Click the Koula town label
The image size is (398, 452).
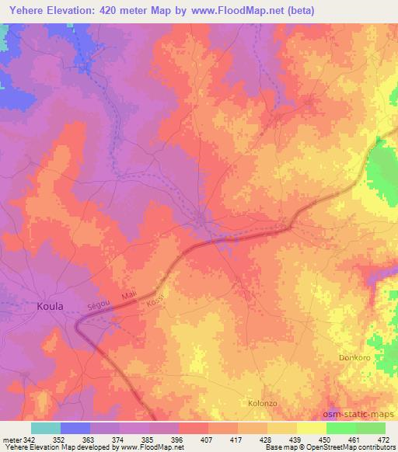[x=50, y=307]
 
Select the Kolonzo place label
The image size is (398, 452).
[x=262, y=403]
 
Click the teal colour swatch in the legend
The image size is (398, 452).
[x=46, y=428]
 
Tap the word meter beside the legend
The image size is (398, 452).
[x=11, y=439]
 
